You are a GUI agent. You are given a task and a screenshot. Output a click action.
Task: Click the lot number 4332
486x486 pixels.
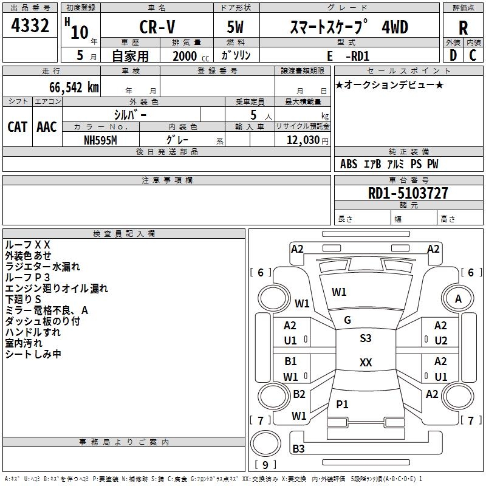[30, 26]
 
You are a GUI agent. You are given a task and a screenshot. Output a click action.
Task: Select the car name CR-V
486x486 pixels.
[157, 27]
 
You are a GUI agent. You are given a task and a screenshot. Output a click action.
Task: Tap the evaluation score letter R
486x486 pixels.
[463, 28]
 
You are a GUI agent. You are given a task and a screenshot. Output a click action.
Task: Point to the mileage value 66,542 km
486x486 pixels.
[74, 87]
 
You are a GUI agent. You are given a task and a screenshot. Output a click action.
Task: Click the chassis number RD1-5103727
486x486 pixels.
[408, 193]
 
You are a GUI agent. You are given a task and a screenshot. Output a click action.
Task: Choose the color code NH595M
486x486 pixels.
[100, 140]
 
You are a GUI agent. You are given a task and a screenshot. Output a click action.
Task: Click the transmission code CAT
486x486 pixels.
[18, 127]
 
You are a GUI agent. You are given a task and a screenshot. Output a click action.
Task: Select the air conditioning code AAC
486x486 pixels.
[47, 127]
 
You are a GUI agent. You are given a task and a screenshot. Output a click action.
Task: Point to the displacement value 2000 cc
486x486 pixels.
[191, 56]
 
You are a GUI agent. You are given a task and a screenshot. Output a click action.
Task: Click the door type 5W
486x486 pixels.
[235, 27]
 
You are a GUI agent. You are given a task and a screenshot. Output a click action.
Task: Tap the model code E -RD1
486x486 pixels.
[348, 56]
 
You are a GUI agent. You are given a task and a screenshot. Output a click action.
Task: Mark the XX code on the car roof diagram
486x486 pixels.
[366, 362]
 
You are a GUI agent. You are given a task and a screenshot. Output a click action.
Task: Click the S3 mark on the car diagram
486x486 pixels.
[366, 338]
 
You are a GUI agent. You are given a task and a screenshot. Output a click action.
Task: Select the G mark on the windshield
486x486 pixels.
[347, 320]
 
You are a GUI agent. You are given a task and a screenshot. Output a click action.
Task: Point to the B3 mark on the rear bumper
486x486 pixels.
[298, 448]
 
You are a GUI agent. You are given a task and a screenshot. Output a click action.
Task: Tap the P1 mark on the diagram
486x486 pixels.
[342, 404]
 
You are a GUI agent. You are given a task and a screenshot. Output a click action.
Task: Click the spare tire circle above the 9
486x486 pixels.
[265, 443]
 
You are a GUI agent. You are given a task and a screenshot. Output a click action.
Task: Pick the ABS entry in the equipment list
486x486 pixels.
[349, 164]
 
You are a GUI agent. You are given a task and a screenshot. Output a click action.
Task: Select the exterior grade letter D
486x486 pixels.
[453, 55]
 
